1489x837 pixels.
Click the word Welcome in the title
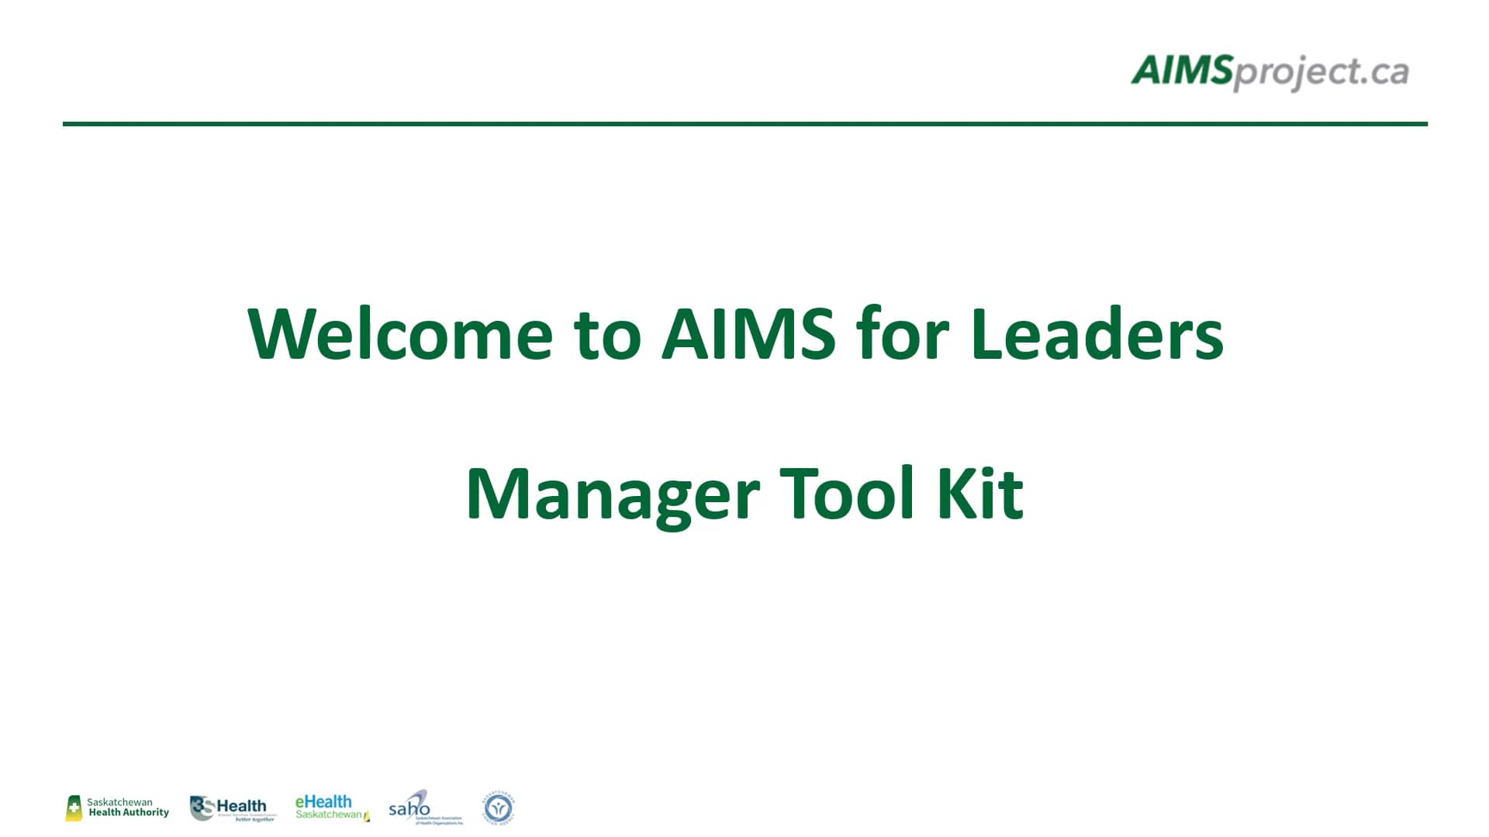click(x=400, y=334)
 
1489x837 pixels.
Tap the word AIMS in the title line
click(x=748, y=334)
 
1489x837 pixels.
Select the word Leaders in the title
click(x=1096, y=334)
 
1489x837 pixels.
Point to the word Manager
click(x=612, y=494)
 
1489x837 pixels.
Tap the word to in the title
click(x=607, y=336)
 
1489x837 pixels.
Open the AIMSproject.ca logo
click(x=1270, y=72)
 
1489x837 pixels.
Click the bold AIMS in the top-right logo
click(x=1181, y=71)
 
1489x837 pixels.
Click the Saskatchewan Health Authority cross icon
click(x=74, y=809)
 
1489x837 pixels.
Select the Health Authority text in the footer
click(x=129, y=813)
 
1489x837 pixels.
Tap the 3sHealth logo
click(x=232, y=808)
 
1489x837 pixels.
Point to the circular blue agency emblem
click(x=498, y=808)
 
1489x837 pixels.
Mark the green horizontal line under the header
click(x=744, y=123)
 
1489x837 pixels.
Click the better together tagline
click(x=255, y=819)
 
